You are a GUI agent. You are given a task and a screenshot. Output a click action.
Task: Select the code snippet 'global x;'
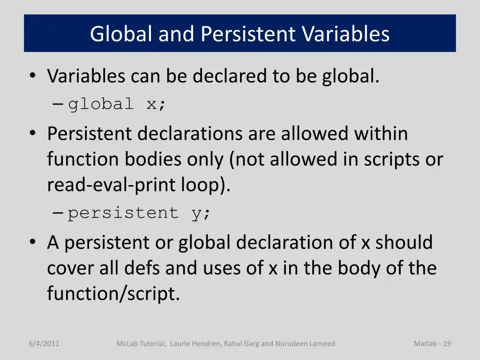click(x=117, y=104)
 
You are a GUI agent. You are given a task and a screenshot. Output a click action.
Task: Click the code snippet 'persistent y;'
click(x=140, y=213)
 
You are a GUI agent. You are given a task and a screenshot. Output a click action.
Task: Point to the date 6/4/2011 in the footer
click(x=44, y=344)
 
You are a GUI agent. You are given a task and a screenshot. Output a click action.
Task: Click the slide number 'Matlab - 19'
click(x=432, y=344)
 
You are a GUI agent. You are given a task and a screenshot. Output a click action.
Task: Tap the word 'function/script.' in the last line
click(x=113, y=294)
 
